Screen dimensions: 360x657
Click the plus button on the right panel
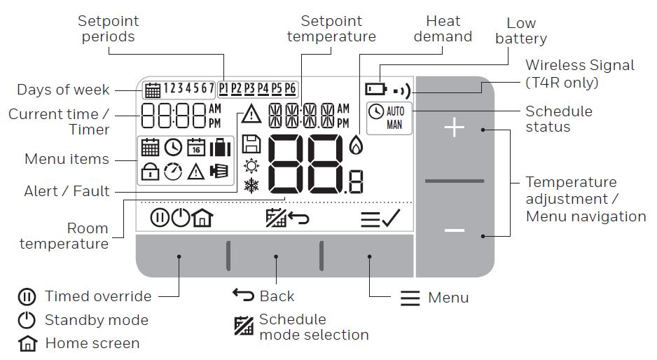coord(455,129)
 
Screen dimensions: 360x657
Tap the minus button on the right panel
coord(455,230)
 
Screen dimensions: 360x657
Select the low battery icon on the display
coord(375,90)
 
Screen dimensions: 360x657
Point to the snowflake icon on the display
coord(250,185)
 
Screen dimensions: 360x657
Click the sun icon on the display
coord(250,166)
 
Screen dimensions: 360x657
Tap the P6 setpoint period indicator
coord(290,89)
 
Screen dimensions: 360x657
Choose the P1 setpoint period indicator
coord(224,89)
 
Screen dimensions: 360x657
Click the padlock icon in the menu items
coord(149,171)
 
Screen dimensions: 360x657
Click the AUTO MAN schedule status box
coord(389,118)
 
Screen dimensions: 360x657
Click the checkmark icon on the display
coord(391,219)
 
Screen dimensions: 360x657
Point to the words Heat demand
coord(443,29)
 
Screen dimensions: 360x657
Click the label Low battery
coord(520,32)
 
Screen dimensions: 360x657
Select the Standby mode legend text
coord(96,320)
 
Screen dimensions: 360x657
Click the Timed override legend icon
coord(26,297)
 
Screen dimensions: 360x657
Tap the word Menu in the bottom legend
coord(448,298)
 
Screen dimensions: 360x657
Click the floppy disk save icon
coord(250,145)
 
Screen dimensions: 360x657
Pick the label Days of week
coord(63,90)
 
